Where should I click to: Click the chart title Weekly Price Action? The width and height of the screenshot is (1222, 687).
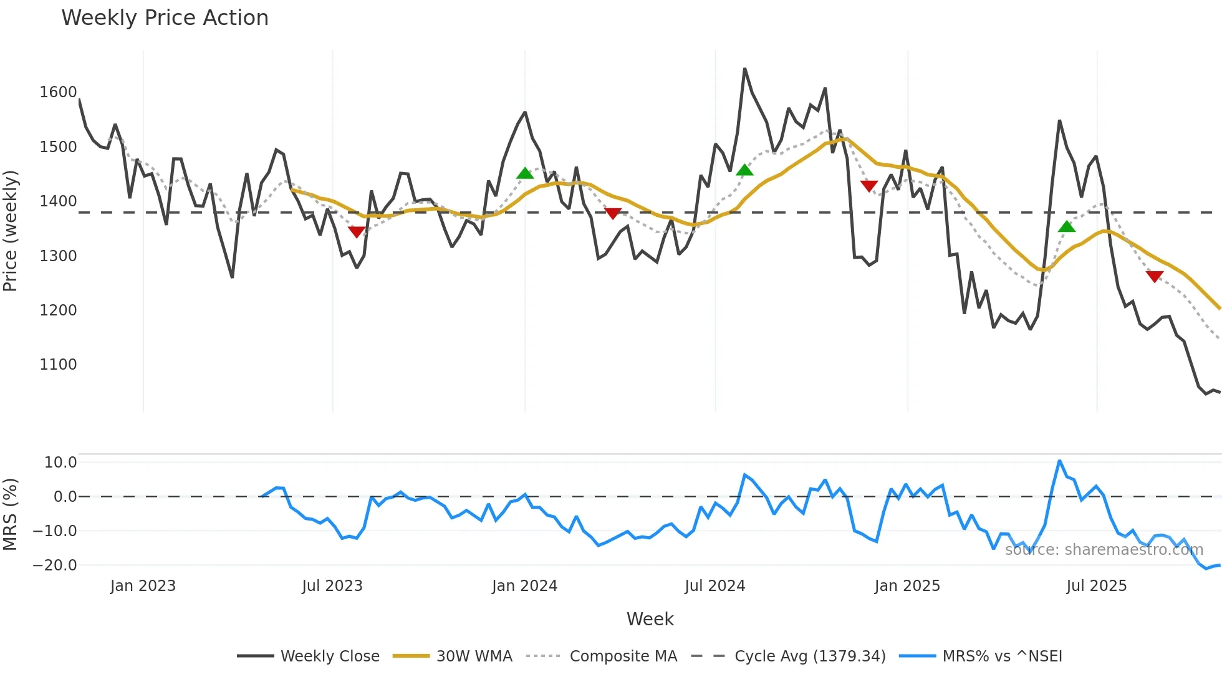coord(165,18)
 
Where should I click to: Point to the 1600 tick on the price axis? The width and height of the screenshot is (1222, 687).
coord(58,92)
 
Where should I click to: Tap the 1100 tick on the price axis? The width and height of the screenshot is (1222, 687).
coord(58,365)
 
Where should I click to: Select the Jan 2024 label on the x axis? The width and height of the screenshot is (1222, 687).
coord(524,586)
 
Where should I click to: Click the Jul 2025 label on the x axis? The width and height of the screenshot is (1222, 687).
coord(1096,586)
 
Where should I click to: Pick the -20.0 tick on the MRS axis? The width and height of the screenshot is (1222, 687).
coord(55,565)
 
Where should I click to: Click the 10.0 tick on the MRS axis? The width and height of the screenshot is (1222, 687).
coord(60,463)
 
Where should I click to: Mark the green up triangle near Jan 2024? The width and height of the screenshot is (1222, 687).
coord(525,173)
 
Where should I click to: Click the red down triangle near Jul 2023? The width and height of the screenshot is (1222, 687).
coord(357,232)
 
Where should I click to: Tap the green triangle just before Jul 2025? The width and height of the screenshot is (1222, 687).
coord(1067,226)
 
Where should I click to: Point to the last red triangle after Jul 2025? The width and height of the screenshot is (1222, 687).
coord(1155,276)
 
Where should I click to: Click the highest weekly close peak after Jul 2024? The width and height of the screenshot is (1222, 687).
coord(744,69)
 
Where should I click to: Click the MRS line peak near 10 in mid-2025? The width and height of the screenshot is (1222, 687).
coord(1059,461)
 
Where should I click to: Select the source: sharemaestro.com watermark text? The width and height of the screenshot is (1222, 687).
coord(1104,550)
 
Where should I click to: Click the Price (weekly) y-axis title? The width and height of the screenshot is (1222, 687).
coord(11,231)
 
